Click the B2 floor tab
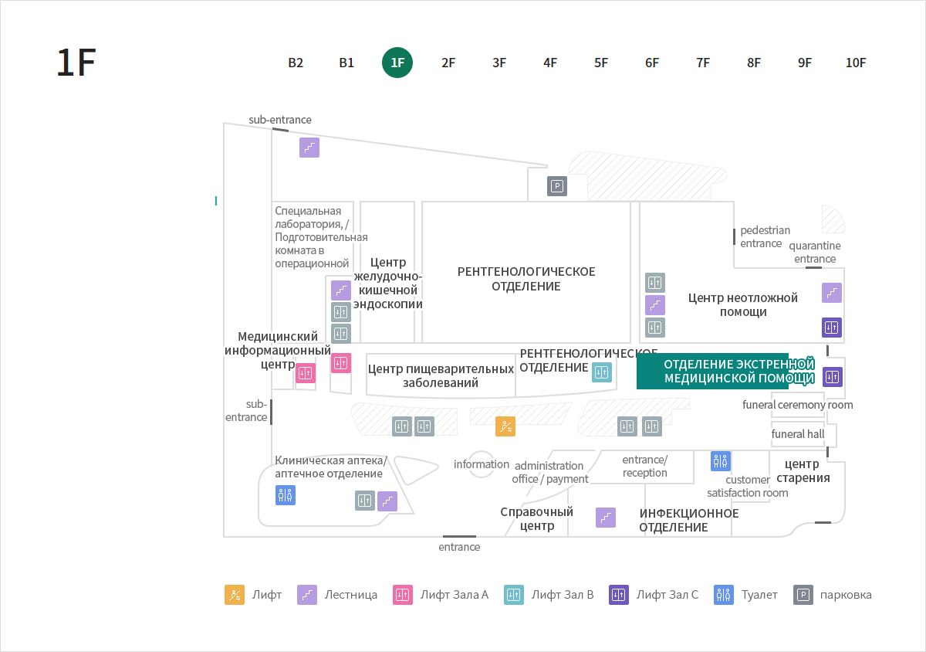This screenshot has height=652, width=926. pyautogui.click(x=296, y=63)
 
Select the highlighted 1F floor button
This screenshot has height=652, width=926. pyautogui.click(x=397, y=63)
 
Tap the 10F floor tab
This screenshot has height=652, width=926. pyautogui.click(x=855, y=63)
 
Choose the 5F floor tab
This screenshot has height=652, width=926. pyautogui.click(x=601, y=63)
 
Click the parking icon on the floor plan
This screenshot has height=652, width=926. pyautogui.click(x=557, y=186)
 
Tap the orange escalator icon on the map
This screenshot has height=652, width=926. pyautogui.click(x=505, y=426)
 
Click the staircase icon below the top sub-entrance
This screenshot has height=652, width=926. pyautogui.click(x=309, y=148)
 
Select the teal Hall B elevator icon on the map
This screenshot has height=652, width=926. pyautogui.click(x=602, y=372)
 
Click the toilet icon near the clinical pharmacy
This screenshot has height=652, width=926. pyautogui.click(x=286, y=495)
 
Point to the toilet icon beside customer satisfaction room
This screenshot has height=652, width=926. pyautogui.click(x=721, y=461)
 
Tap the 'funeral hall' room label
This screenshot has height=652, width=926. pyautogui.click(x=797, y=434)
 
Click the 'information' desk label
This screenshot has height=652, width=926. pyautogui.click(x=482, y=464)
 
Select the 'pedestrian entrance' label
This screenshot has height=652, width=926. pyautogui.click(x=765, y=237)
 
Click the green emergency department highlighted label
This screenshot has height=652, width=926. pyautogui.click(x=725, y=372)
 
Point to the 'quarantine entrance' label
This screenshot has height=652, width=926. pyautogui.click(x=815, y=252)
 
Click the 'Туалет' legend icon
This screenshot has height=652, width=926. pyautogui.click(x=724, y=595)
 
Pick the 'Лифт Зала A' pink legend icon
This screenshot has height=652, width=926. pyautogui.click(x=403, y=595)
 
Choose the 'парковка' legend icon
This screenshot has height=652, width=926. pyautogui.click(x=803, y=595)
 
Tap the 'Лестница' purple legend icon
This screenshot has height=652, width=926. pyautogui.click(x=307, y=595)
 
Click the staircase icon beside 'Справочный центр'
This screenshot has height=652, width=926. pyautogui.click(x=606, y=518)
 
